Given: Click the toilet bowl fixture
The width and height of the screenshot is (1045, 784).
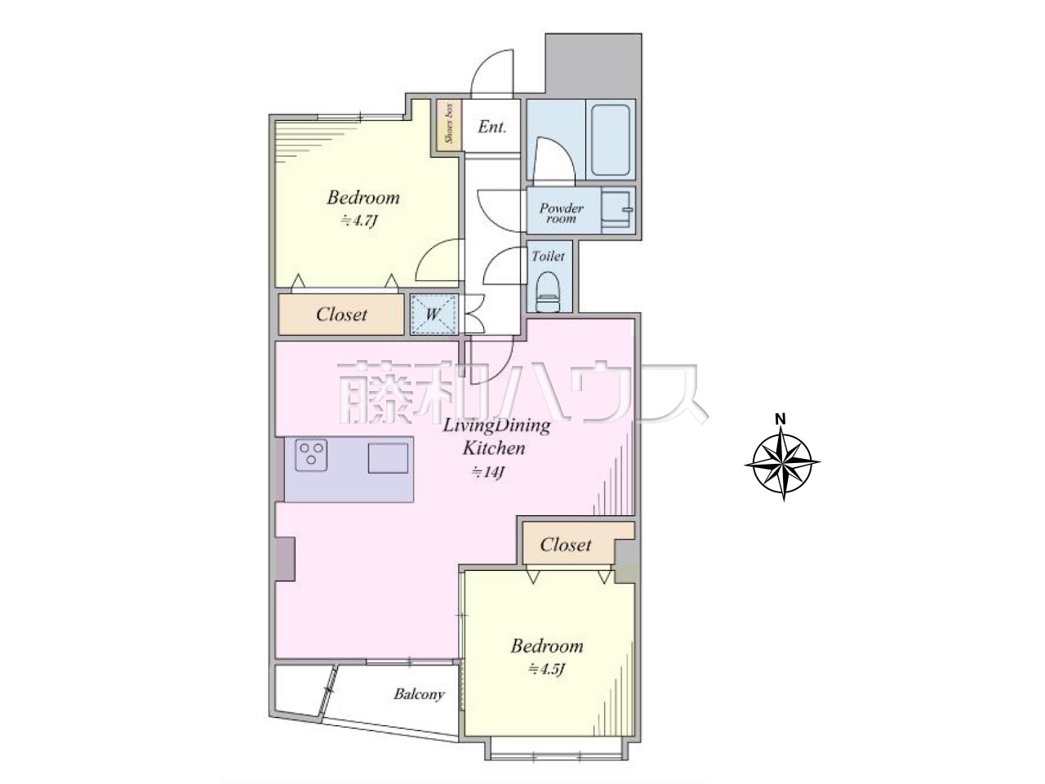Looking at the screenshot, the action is (x=549, y=292).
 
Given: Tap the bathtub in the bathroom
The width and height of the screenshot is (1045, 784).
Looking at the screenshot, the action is (x=611, y=140).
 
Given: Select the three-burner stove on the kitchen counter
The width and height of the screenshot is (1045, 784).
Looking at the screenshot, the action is (x=311, y=455).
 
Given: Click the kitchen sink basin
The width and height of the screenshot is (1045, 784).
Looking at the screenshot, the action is (x=388, y=458).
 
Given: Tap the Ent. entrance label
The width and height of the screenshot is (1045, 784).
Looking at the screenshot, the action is (x=492, y=127).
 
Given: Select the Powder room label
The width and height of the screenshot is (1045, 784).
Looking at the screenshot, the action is (x=562, y=213).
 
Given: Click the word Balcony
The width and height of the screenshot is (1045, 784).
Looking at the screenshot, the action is (x=419, y=694).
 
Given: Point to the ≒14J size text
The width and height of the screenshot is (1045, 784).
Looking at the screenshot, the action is (x=487, y=472).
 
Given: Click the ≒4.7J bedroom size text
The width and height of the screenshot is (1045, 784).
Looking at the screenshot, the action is (x=359, y=220).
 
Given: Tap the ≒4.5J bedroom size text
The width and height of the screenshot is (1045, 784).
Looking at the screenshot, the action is (x=546, y=670).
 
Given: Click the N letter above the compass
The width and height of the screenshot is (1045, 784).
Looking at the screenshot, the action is (x=780, y=420).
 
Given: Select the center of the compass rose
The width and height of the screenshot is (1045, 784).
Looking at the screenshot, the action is (x=782, y=463).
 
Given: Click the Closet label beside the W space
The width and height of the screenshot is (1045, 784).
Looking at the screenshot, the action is (x=341, y=314).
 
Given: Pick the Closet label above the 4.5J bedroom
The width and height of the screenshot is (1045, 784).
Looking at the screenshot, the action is (x=566, y=545).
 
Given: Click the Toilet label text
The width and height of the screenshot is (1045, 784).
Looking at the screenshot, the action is (x=548, y=256).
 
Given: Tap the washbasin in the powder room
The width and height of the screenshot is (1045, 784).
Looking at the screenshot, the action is (x=618, y=209).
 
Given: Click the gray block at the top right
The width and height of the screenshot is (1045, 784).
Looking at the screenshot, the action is (x=594, y=65).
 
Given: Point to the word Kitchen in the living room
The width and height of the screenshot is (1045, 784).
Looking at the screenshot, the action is (x=494, y=448).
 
